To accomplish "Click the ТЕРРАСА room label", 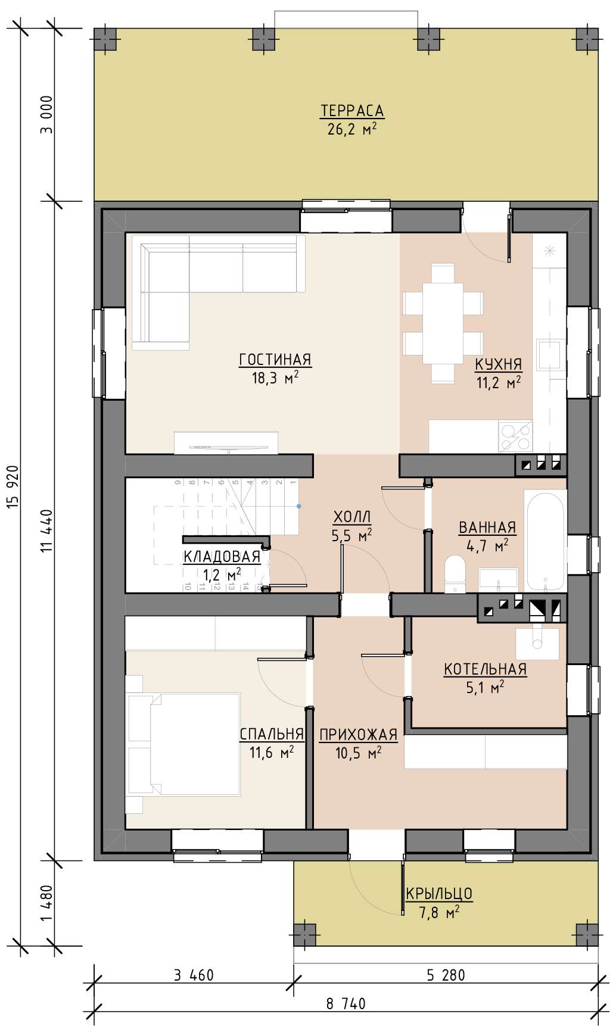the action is coord(352,111).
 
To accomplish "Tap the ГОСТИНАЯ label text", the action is coord(275,360).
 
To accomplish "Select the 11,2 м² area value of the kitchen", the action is coord(499,382).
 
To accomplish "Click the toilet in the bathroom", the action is coord(456,575).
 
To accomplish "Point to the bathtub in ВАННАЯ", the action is coord(545,541).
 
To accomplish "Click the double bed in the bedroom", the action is coord(183,744).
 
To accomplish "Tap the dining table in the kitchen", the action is coord(443,323).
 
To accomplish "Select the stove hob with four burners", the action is coord(515,436).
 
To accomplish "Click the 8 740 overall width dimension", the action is coord(346,1004).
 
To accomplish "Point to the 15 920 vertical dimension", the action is coord(15,487).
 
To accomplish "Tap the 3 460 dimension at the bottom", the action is coord(194,975).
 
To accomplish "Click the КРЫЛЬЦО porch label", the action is coord(439,894).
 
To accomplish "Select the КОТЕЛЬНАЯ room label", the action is coord(486,669).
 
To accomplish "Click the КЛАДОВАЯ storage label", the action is coord(222,557).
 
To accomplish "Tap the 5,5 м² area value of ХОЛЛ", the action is coord(351,535).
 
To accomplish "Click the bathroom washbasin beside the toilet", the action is coord(498,579).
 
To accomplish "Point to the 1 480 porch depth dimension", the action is coord(48,903).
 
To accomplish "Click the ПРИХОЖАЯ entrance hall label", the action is coord(359,735).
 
